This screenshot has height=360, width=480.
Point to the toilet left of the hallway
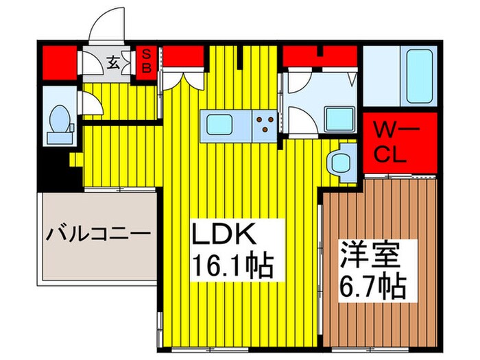(60, 122)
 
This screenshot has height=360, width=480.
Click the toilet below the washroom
(339, 161)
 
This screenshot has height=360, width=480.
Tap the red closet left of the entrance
(60, 61)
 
